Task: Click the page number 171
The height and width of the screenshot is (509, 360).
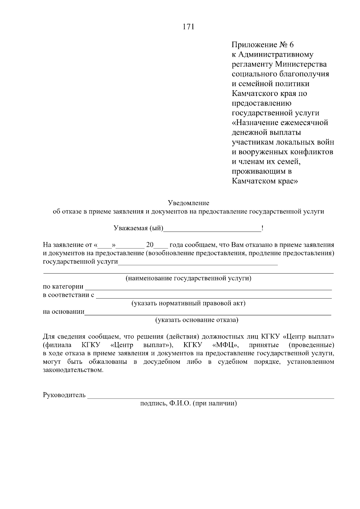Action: pos(188,27)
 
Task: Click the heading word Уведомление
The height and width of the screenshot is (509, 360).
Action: pos(188,203)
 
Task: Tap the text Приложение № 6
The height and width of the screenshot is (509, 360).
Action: pos(263,45)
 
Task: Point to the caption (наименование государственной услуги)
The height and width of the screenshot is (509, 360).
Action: pos(188,278)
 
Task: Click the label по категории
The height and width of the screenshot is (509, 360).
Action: pos(63,287)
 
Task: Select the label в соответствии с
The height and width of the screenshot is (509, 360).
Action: pos(69,295)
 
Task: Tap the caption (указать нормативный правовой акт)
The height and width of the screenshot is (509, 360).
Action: pos(188,303)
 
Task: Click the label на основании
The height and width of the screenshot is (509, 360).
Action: pos(64,312)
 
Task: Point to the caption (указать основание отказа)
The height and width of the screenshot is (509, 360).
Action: pos(196,320)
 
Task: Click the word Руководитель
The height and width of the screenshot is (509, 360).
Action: pos(64,395)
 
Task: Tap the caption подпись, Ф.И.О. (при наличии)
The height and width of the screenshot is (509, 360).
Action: pos(188,403)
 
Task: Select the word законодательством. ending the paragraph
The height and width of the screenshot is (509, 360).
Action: pos(73,370)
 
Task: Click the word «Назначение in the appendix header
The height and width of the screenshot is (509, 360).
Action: pos(255,123)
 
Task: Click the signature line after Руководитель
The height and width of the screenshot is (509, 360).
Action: pos(210,397)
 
